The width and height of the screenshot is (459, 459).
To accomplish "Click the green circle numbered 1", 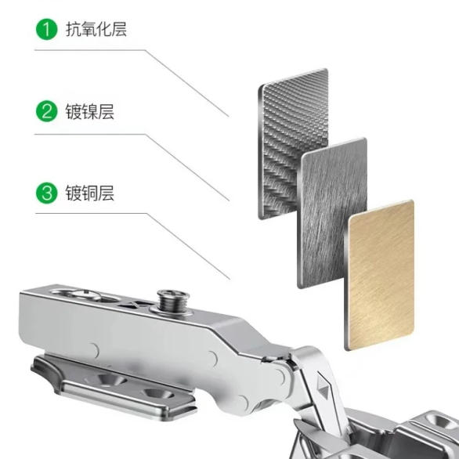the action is tap(46, 29).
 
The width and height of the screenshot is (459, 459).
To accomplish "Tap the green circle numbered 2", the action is tap(46, 111).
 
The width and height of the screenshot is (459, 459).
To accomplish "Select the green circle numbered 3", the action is tap(46, 193).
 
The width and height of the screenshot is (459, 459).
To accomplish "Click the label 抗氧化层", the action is tap(96, 29).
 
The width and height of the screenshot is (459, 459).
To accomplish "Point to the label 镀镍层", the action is tap(89, 111).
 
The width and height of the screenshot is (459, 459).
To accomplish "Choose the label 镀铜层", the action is tap(89, 193).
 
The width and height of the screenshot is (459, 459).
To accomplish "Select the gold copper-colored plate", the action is tap(379, 275).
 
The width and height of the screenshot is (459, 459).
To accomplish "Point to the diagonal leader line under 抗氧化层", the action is tap(187, 84).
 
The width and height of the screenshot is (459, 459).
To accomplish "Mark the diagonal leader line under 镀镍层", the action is tap(187, 168).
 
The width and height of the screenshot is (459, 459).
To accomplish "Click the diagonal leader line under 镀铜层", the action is tap(188, 247).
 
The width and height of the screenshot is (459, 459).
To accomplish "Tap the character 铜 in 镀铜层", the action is tap(89, 193).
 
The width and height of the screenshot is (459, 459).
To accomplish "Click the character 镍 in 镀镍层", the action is tap(89, 111).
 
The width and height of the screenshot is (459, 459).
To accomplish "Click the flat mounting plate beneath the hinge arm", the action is tap(114, 386).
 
